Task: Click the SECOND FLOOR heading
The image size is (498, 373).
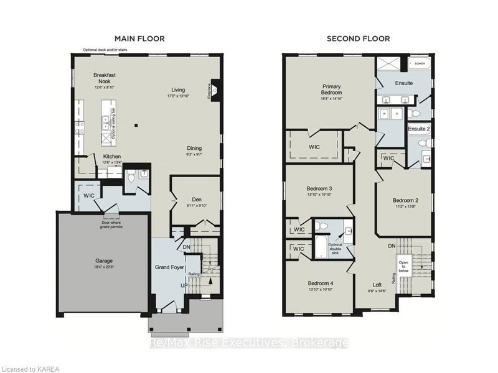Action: (359, 39)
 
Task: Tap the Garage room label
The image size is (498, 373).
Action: (104, 262)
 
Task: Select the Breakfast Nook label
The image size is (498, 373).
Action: (105, 78)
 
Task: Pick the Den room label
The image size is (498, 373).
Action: (195, 199)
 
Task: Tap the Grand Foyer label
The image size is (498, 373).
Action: (169, 267)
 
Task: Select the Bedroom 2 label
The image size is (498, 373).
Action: (404, 200)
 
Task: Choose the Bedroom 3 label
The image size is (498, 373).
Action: (319, 189)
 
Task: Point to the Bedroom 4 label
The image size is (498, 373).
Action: (319, 283)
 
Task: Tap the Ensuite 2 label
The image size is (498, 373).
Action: (418, 129)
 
